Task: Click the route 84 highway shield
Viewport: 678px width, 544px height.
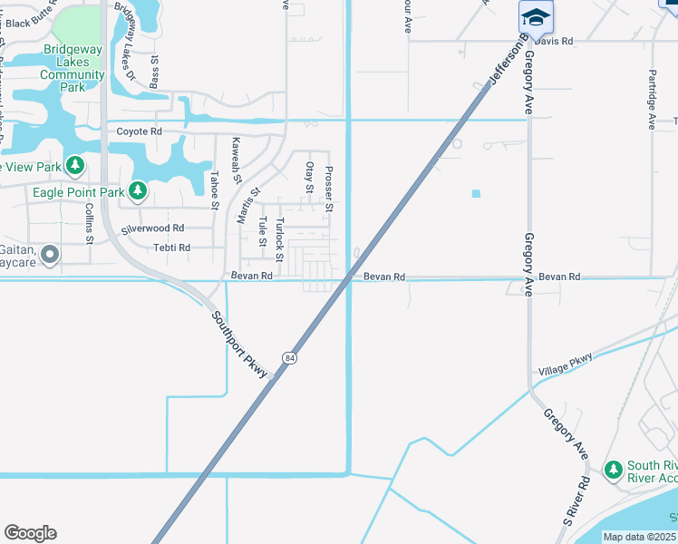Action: click(288, 358)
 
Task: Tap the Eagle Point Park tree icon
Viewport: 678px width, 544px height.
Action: click(137, 190)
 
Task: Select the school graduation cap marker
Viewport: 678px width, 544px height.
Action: click(536, 18)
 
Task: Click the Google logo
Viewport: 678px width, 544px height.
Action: click(30, 533)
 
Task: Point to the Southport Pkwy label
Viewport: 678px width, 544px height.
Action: click(241, 345)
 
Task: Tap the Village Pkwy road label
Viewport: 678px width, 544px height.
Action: click(565, 364)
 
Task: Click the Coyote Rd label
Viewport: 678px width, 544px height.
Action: click(139, 131)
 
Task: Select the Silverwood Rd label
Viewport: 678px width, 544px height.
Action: click(152, 228)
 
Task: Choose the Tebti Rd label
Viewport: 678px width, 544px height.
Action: click(171, 248)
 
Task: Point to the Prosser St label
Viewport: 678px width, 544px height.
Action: click(329, 189)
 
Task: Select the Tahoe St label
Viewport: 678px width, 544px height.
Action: click(215, 190)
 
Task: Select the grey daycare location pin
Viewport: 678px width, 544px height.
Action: click(49, 256)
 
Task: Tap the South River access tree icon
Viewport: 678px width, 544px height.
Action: click(614, 470)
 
